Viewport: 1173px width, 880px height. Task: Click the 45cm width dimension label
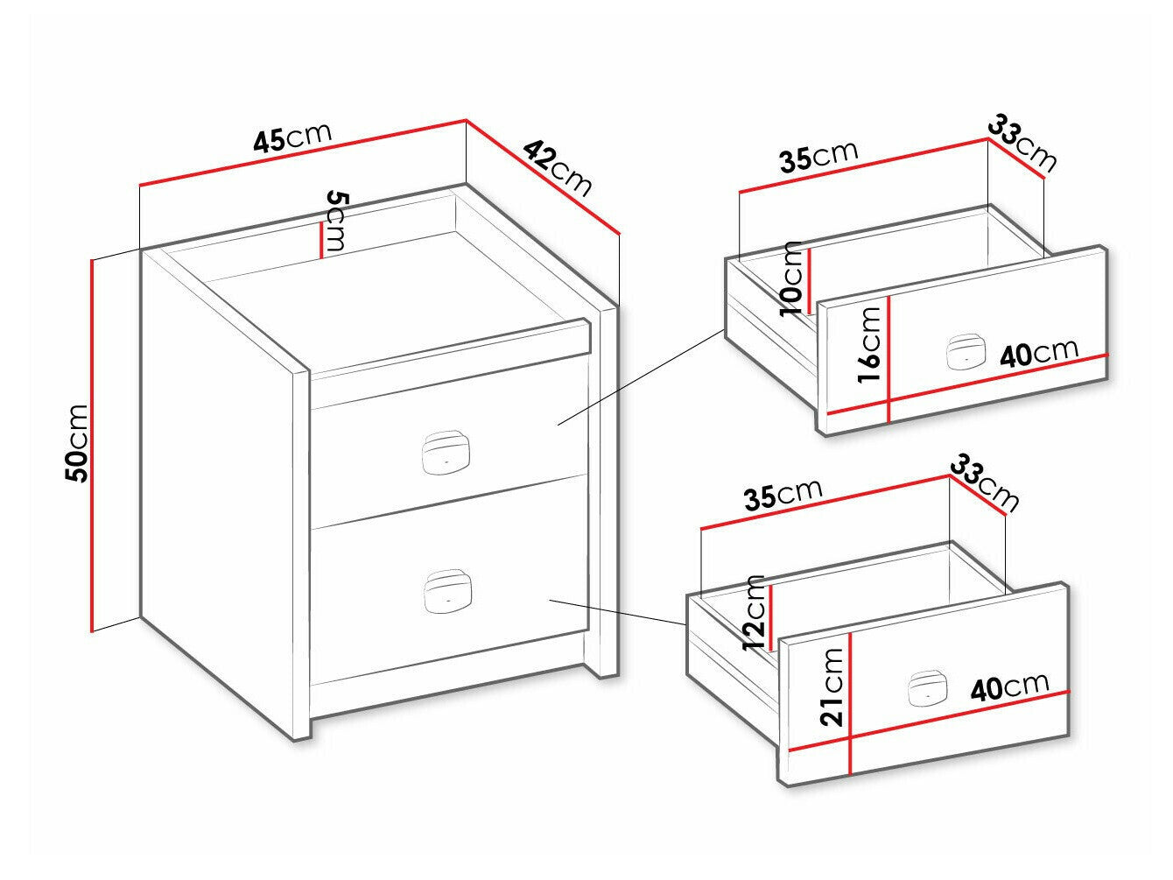(x=293, y=138)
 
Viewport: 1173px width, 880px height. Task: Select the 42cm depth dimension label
(x=557, y=167)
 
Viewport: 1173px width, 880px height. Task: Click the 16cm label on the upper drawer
(x=868, y=345)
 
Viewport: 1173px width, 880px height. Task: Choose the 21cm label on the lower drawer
(x=831, y=687)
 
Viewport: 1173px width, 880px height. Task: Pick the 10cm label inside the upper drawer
(x=791, y=278)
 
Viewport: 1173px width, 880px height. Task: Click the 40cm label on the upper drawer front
(x=1039, y=353)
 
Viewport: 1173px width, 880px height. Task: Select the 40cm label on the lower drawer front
(x=1009, y=687)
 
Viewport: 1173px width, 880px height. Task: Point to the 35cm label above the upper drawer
(x=818, y=157)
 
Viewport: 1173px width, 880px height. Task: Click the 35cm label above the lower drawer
(x=783, y=495)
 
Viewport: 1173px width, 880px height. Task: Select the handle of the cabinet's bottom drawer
(x=447, y=591)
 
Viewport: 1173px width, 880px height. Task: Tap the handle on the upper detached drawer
(x=966, y=352)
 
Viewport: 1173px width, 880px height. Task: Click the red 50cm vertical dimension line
(x=93, y=445)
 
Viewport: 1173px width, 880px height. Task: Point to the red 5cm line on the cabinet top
(x=320, y=240)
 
